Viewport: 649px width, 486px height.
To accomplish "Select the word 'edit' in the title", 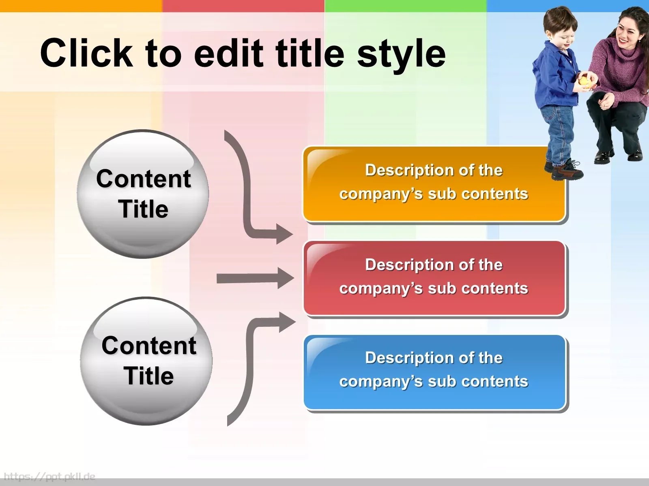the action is pos(228,53).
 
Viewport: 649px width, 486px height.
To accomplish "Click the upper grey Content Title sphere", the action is pos(143,194).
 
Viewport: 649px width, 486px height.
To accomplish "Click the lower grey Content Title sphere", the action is pos(146,361).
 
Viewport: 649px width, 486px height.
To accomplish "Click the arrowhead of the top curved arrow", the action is pos(284,234).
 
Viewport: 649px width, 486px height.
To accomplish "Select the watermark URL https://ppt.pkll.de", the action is pos(49,477).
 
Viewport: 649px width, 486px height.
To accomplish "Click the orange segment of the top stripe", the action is pos(81,6).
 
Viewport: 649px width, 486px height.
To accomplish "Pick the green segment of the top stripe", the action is pos(405,6).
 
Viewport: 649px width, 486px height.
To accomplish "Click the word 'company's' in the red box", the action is pos(381,289).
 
